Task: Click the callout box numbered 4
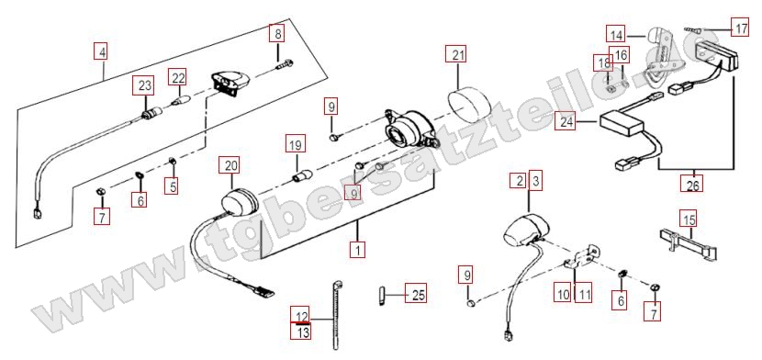[101, 51]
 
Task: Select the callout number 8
[277, 34]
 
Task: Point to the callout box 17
[741, 28]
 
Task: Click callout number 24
[566, 122]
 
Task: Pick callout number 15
[689, 219]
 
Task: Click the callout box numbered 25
[417, 294]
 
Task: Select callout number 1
[358, 250]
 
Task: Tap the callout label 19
[296, 144]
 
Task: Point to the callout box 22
[177, 77]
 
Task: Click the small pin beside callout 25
[381, 295]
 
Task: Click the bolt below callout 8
[285, 64]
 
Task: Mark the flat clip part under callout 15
[689, 242]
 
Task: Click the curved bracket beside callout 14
[657, 54]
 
